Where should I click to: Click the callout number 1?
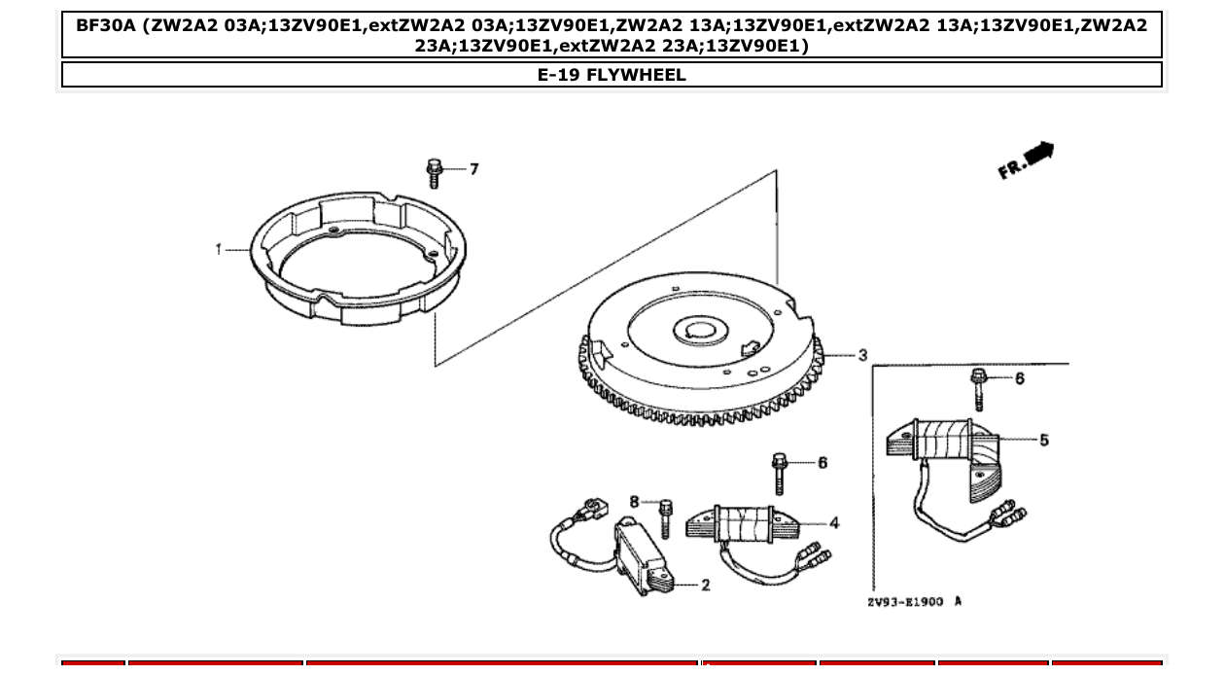pos(219,250)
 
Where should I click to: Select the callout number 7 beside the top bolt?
pos(473,169)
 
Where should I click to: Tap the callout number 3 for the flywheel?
pos(861,356)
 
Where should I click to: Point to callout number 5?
pos(1043,441)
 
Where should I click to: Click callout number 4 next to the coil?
pos(833,523)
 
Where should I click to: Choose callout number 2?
pos(705,585)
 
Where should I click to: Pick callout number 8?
pos(634,502)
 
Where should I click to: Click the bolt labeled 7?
pos(434,174)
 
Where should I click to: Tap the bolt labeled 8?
pos(665,517)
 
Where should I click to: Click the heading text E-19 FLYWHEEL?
pos(612,75)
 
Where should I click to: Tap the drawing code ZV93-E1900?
pos(905,602)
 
